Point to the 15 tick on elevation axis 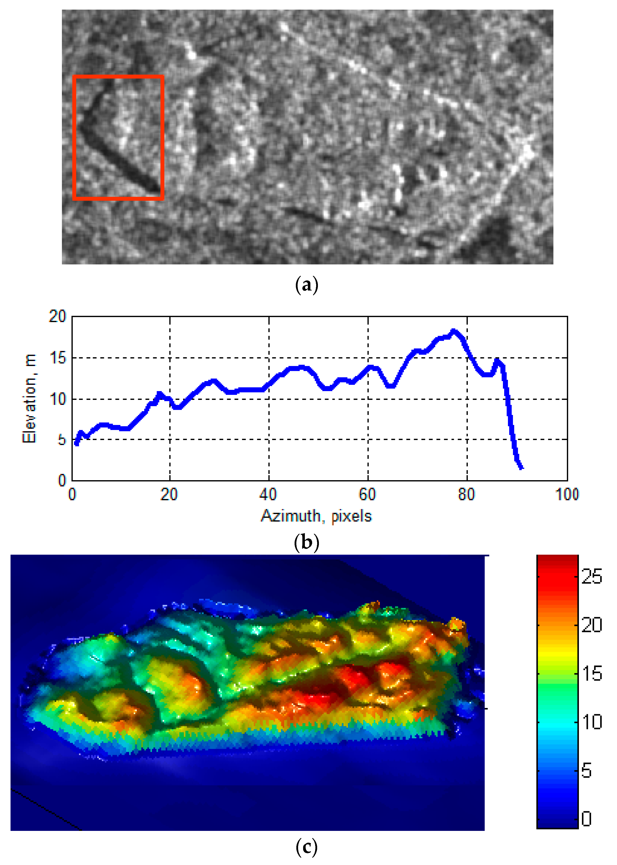tap(57, 358)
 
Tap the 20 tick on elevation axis tap(57, 316)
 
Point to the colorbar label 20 tap(591, 625)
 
